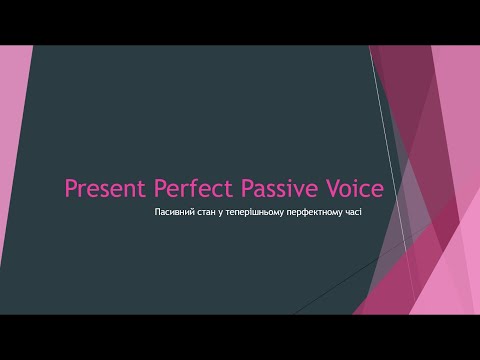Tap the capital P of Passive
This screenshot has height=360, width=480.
[249, 188]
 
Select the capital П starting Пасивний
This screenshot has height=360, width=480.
[159, 215]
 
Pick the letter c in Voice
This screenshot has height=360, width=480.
[365, 190]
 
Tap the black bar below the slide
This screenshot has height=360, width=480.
[240, 337]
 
